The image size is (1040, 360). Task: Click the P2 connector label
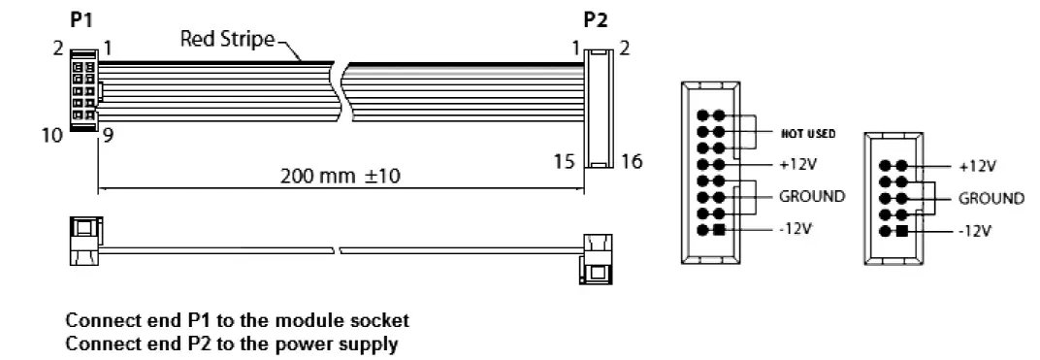[x=596, y=19]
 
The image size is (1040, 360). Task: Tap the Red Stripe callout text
[x=228, y=40]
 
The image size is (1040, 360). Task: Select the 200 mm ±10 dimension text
[x=340, y=177]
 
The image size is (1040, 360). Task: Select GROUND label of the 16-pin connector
[x=812, y=196]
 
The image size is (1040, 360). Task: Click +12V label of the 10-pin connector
[x=978, y=165]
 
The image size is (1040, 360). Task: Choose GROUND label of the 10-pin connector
[x=991, y=198]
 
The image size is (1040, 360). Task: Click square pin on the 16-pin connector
[x=719, y=230]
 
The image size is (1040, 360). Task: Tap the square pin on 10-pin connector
[x=901, y=230]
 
